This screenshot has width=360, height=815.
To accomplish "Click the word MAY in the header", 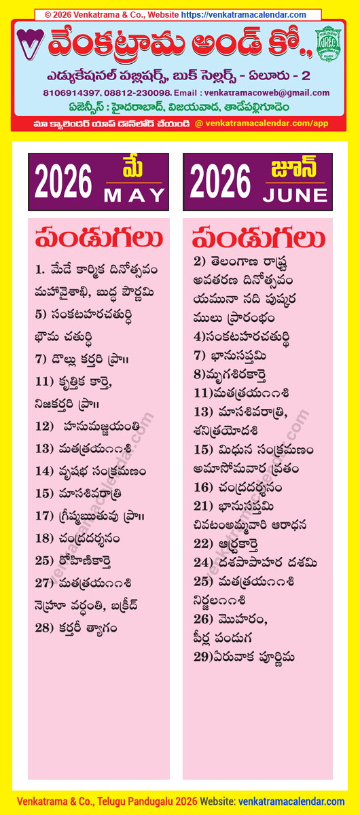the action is click(134, 195).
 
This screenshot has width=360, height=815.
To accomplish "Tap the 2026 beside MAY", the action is click(63, 182).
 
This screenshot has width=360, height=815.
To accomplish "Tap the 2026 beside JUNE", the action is click(220, 182).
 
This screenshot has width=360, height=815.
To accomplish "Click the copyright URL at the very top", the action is click(244, 14).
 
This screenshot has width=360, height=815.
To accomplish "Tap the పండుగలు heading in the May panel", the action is click(98, 239).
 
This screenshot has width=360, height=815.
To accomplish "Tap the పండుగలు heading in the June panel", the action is click(258, 239).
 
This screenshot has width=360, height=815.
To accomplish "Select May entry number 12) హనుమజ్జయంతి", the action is click(90, 427).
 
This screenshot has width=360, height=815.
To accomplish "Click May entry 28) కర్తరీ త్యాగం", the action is click(76, 628).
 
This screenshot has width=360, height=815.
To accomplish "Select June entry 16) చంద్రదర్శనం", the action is click(238, 487).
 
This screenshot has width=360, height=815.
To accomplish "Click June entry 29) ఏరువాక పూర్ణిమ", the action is click(243, 657).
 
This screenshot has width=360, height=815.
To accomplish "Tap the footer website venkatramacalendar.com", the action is click(292, 802).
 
